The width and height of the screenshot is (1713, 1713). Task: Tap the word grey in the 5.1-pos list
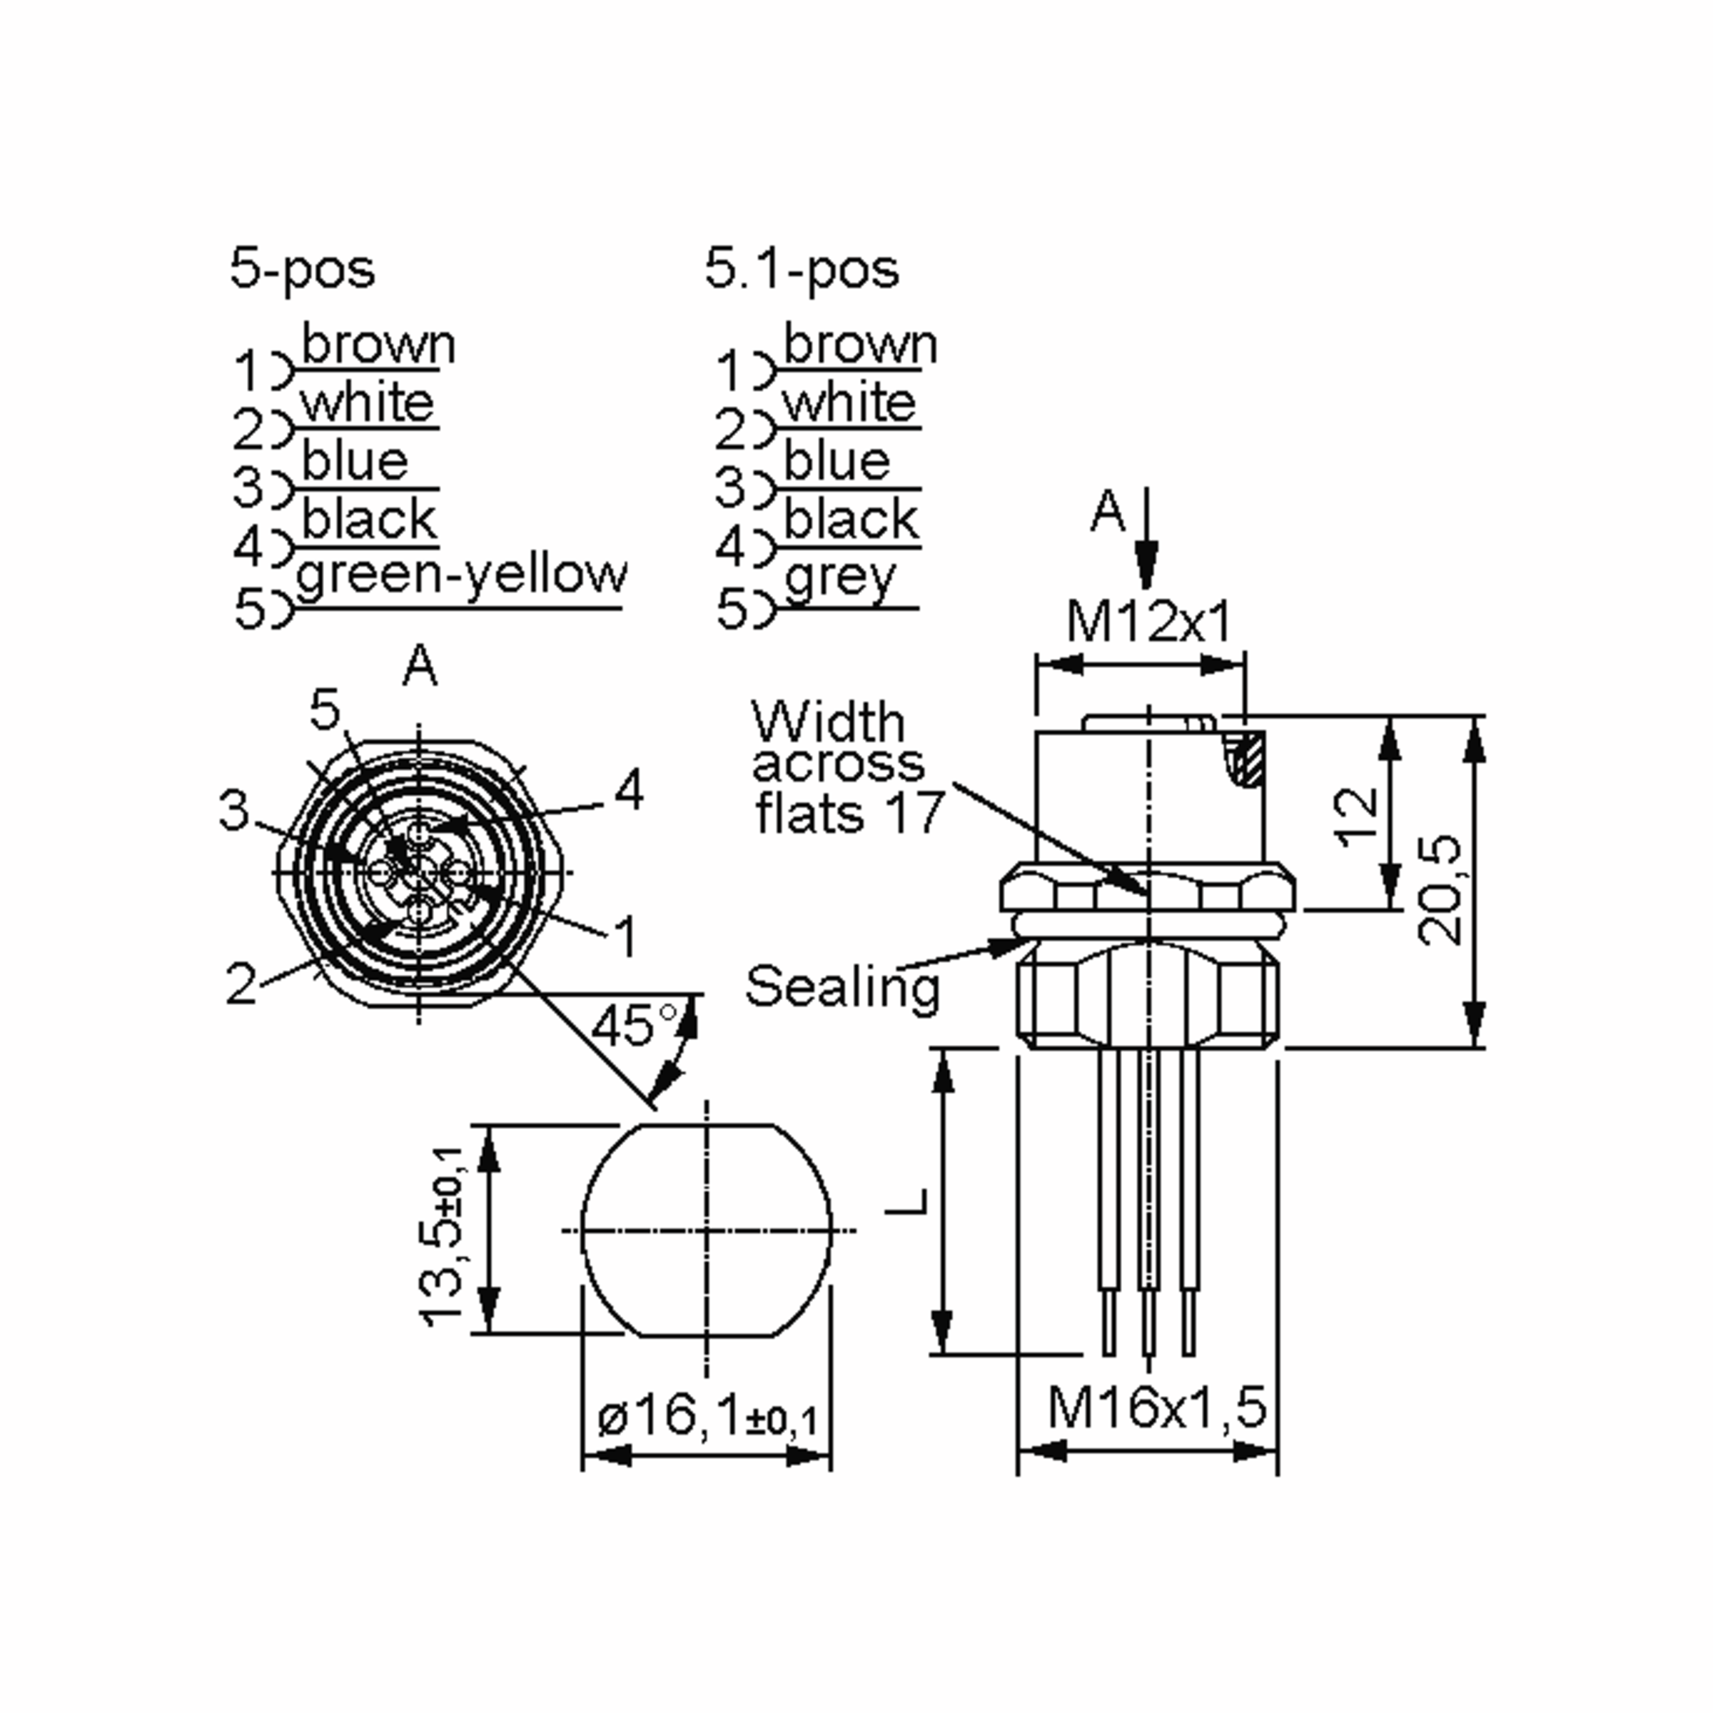point(839,578)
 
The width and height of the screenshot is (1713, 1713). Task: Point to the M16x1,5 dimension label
point(1156,1407)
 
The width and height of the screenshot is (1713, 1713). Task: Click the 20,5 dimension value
point(1437,889)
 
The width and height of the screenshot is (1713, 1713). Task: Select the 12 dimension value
point(1358,816)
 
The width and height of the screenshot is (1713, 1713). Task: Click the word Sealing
point(842,987)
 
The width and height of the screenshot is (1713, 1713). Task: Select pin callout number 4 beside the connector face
point(629,789)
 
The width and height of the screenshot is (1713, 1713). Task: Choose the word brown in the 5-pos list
point(378,344)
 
